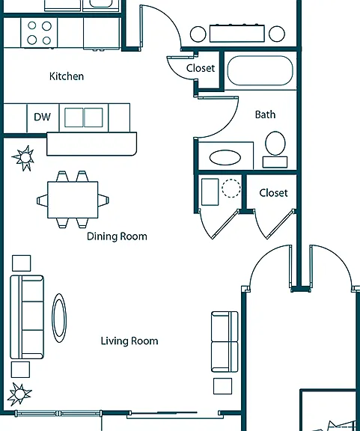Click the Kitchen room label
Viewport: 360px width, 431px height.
[x=67, y=76]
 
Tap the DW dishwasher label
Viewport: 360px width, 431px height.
[x=43, y=117]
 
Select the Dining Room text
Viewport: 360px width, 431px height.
[x=117, y=236]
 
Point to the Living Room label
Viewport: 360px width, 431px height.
[x=129, y=341]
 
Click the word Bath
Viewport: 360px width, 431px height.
[x=265, y=114]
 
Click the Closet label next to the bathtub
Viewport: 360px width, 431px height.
[x=201, y=68]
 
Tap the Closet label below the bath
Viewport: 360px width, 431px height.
[x=273, y=193]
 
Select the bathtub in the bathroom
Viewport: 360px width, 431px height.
[x=260, y=70]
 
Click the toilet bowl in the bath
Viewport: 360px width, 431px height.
[x=275, y=143]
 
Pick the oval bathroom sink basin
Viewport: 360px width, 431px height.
[x=225, y=157]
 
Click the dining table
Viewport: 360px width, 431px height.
[x=73, y=200]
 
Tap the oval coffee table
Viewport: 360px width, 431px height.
[x=59, y=318]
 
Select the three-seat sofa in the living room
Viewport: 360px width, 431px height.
[x=27, y=317]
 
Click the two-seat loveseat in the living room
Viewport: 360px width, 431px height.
[x=225, y=342]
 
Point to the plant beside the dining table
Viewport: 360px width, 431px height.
[x=24, y=158]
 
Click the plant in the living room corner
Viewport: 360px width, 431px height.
[x=19, y=394]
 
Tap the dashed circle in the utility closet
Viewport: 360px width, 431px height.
[x=231, y=189]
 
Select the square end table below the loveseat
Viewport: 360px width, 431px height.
[x=222, y=386]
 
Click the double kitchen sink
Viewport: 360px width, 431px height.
[x=84, y=117]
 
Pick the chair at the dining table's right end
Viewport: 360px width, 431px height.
[x=103, y=200]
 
